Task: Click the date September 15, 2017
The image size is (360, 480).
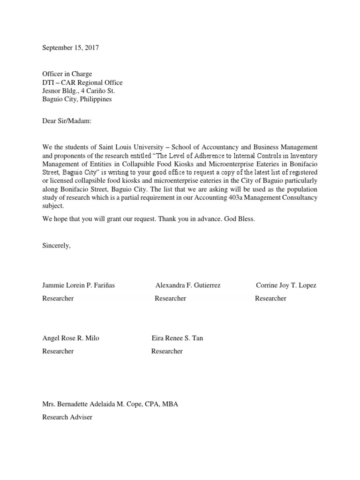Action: [x=71, y=48]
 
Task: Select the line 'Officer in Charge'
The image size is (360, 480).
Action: [x=67, y=74]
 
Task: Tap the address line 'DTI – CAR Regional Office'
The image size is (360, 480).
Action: [x=82, y=82]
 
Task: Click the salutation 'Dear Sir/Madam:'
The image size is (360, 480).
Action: [x=67, y=121]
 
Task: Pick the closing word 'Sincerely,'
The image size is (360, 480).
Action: [x=56, y=245]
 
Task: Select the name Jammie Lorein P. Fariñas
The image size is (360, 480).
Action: [x=79, y=285]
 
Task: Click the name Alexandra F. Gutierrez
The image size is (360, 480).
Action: [x=188, y=285]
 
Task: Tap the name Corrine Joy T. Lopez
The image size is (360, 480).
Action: [x=286, y=285]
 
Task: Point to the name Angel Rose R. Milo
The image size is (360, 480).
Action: [x=71, y=338]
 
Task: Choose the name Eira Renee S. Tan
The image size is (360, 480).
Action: [x=177, y=338]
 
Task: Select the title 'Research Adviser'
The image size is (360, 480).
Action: [x=67, y=417]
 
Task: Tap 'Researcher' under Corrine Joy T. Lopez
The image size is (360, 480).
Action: [x=270, y=298]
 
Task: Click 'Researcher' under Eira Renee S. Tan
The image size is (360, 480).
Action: [x=167, y=351]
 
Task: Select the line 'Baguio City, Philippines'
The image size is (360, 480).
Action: [x=77, y=99]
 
